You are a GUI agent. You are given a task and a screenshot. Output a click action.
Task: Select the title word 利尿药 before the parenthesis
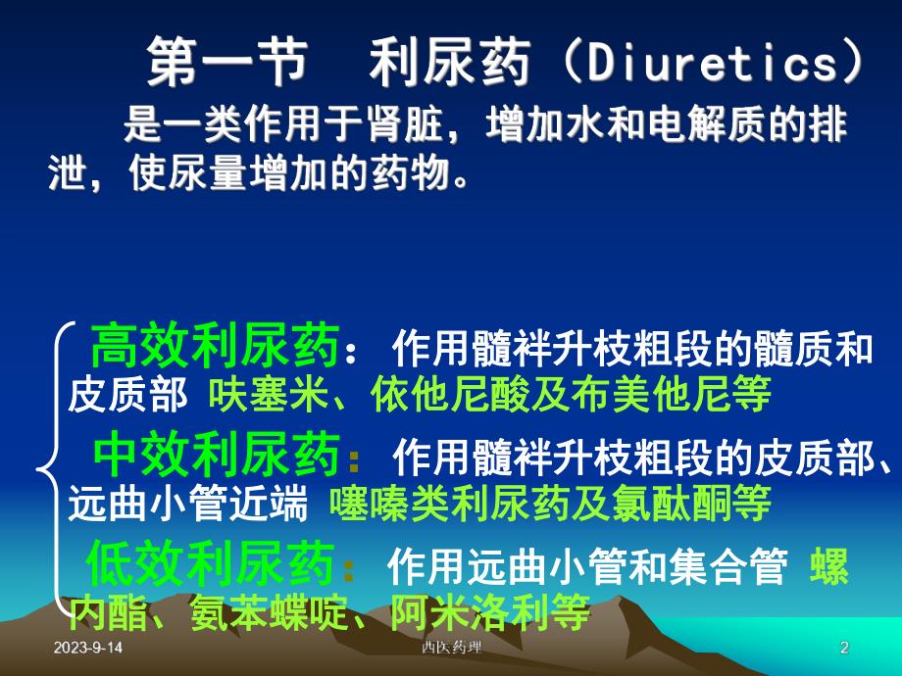pos(450,64)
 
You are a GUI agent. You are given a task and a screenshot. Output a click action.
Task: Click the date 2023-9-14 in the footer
pos(89,649)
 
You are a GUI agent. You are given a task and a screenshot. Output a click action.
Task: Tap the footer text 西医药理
pos(451,649)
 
